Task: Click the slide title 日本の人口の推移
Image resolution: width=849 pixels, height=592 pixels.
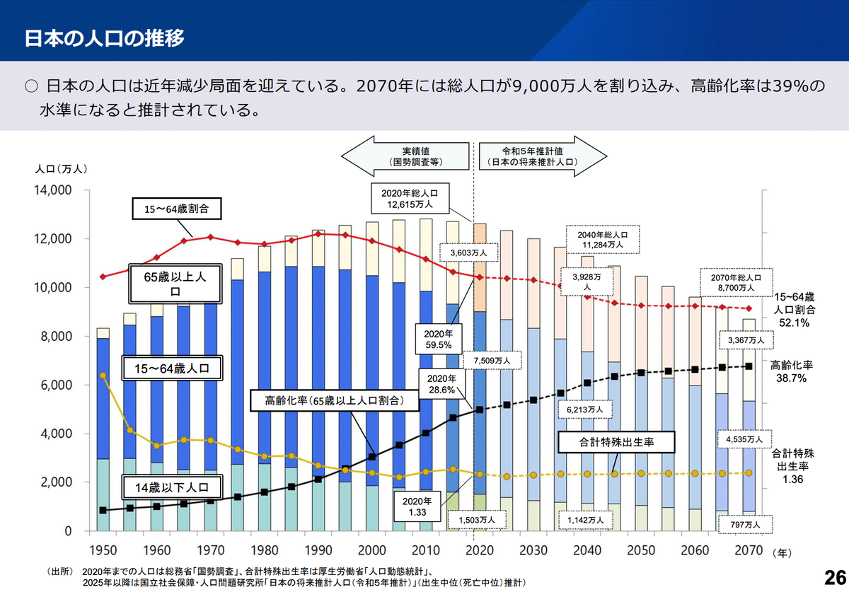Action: pos(105,37)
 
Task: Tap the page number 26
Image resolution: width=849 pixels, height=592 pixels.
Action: pos(835,574)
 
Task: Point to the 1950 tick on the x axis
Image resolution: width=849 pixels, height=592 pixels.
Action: pos(103,550)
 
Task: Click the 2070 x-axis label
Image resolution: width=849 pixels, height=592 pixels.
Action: pos(749,550)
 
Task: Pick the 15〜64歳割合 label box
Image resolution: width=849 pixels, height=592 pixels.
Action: pos(177,209)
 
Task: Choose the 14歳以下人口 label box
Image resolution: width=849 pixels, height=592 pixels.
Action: pos(172,486)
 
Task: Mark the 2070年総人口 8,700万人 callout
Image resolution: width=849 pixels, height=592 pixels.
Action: pos(733,283)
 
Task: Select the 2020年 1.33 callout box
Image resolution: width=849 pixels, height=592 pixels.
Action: pos(412,505)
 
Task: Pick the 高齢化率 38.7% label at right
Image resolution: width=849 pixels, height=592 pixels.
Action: pos(792,372)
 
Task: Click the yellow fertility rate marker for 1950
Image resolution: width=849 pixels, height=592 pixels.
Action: pos(103,376)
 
